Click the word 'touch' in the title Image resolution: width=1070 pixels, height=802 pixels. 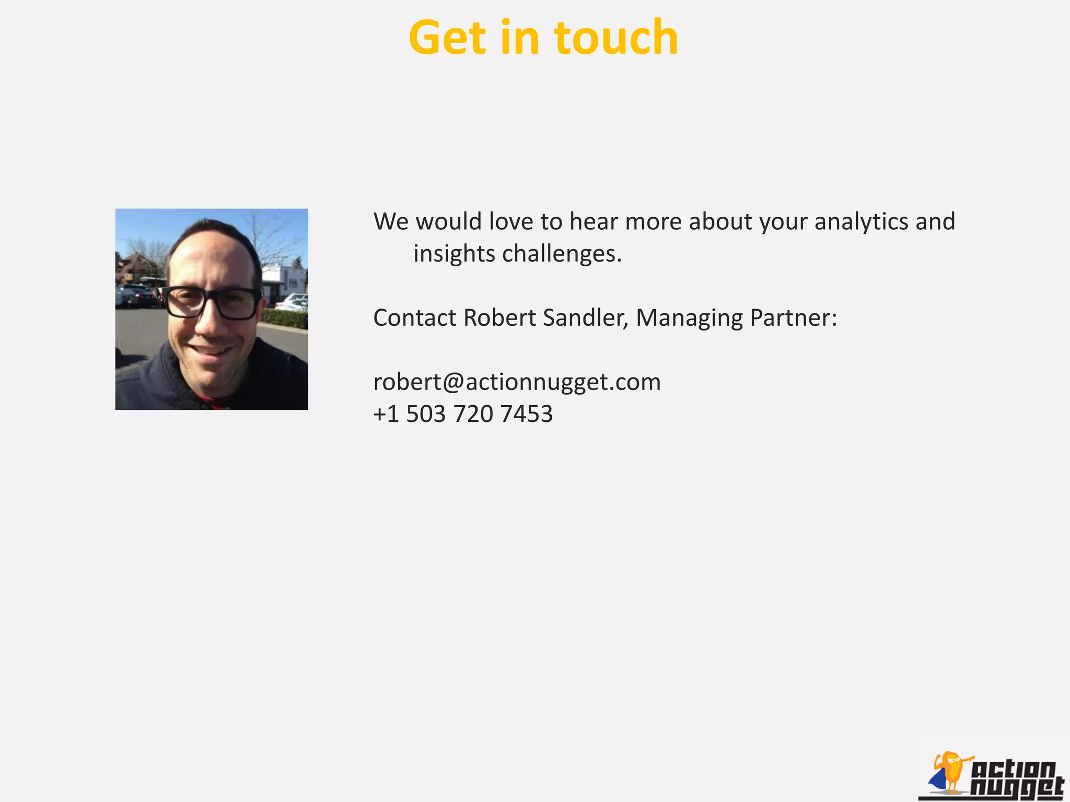[x=616, y=38]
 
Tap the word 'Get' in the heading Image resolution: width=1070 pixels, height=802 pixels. [x=447, y=38]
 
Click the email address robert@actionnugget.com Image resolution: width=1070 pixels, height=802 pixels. [x=517, y=382]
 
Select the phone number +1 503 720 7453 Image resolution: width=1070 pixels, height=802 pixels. [x=463, y=414]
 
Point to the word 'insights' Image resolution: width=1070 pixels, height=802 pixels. [x=454, y=254]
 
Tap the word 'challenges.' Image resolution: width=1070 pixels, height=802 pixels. [x=562, y=254]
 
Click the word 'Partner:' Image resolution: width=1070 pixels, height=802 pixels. [x=793, y=317]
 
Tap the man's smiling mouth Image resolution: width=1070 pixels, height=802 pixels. [x=211, y=350]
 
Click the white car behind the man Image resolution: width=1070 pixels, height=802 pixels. [x=293, y=302]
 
